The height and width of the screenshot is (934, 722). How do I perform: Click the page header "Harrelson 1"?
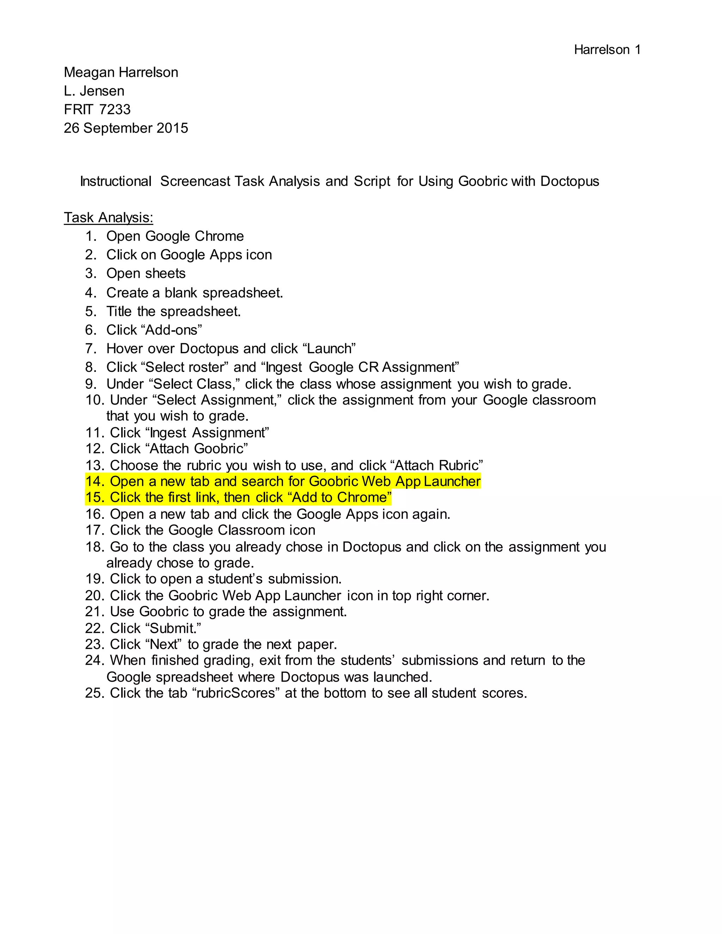pyautogui.click(x=607, y=50)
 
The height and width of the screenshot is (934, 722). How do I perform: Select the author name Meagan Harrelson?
pyautogui.click(x=121, y=73)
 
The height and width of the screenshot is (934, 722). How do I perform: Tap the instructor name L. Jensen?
pyautogui.click(x=94, y=91)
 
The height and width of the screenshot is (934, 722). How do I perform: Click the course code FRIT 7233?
pyautogui.click(x=97, y=110)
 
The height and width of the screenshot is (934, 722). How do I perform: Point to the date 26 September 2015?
pyautogui.click(x=126, y=128)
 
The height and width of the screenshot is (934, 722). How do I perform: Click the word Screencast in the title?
pyautogui.click(x=195, y=181)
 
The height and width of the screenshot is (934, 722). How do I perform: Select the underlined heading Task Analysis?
pyautogui.click(x=109, y=218)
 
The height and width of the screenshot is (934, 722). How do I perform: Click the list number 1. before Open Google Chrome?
pyautogui.click(x=92, y=236)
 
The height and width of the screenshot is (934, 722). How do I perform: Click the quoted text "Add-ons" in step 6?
pyautogui.click(x=172, y=330)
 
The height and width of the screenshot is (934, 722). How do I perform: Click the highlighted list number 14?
pyautogui.click(x=95, y=481)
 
